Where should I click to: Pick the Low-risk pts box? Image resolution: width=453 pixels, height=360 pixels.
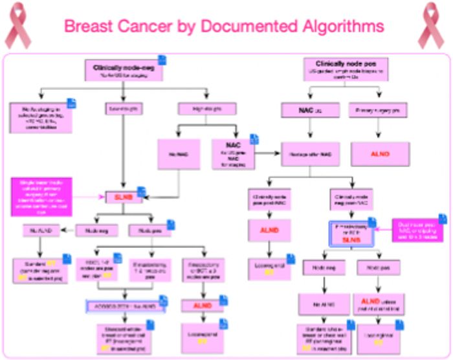(x=123, y=109)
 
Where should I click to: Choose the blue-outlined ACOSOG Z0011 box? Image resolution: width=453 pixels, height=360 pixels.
(x=126, y=305)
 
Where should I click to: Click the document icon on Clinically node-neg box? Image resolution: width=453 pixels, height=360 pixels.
(x=162, y=60)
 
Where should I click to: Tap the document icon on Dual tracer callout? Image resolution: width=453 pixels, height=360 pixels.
(x=443, y=219)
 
